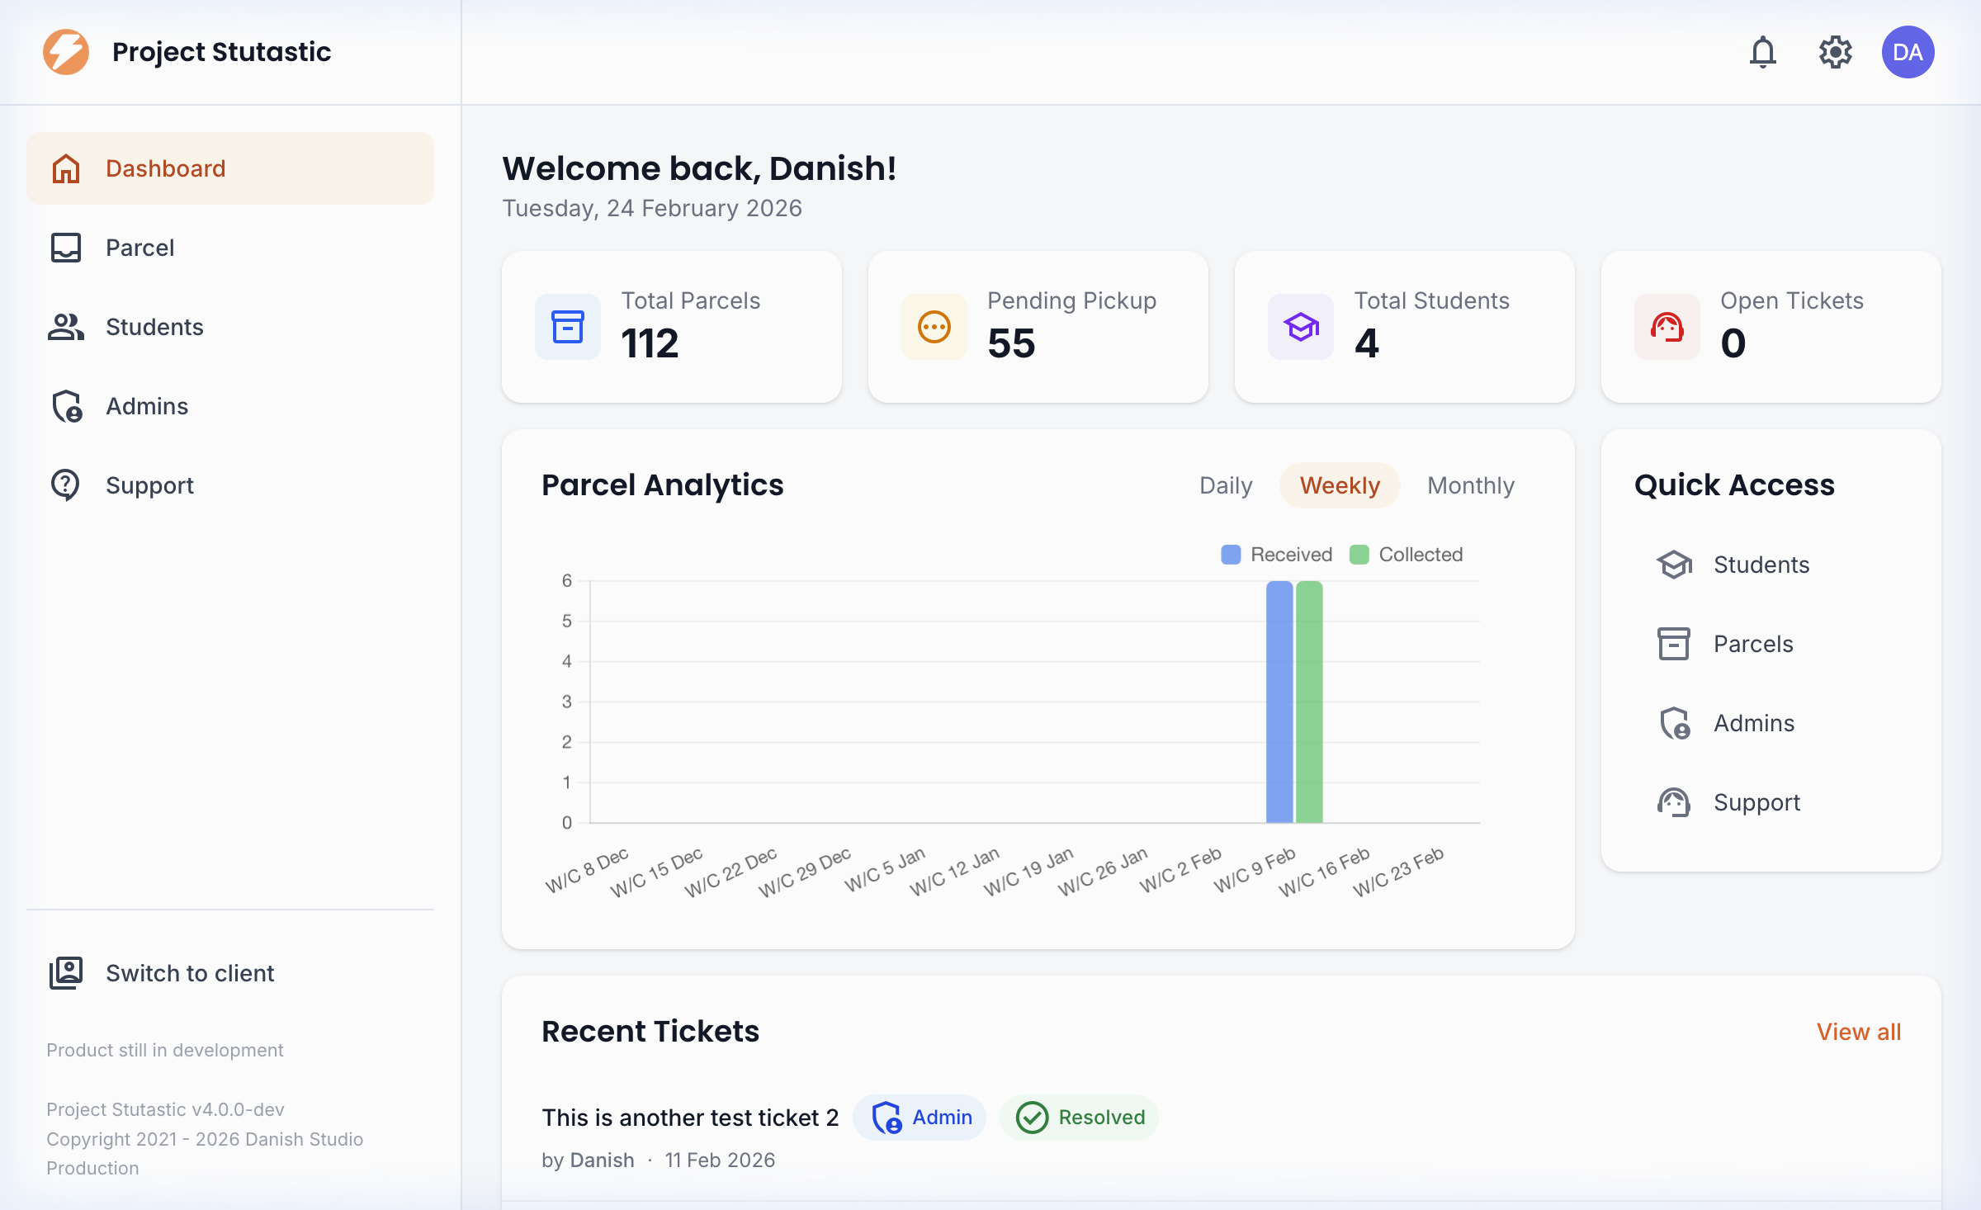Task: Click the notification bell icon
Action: click(1762, 52)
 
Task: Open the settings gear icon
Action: click(1835, 52)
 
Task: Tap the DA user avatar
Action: click(1908, 52)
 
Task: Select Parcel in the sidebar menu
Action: click(140, 248)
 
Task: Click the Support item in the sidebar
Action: click(149, 485)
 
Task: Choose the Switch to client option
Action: click(189, 973)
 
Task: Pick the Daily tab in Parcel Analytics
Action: click(1226, 485)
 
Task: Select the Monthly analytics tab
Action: click(1471, 485)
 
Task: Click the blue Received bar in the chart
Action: click(1279, 702)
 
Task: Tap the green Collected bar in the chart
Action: click(1309, 702)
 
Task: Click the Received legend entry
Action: click(1277, 555)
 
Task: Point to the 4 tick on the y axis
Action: click(567, 661)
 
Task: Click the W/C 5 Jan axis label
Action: click(885, 870)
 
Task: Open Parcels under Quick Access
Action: click(1752, 644)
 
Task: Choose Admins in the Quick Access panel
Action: click(1753, 723)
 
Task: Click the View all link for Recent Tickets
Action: click(1858, 1032)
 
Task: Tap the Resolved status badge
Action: click(1080, 1118)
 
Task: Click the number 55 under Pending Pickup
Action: click(1011, 343)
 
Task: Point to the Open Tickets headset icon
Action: click(1667, 327)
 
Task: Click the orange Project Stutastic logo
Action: click(66, 52)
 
